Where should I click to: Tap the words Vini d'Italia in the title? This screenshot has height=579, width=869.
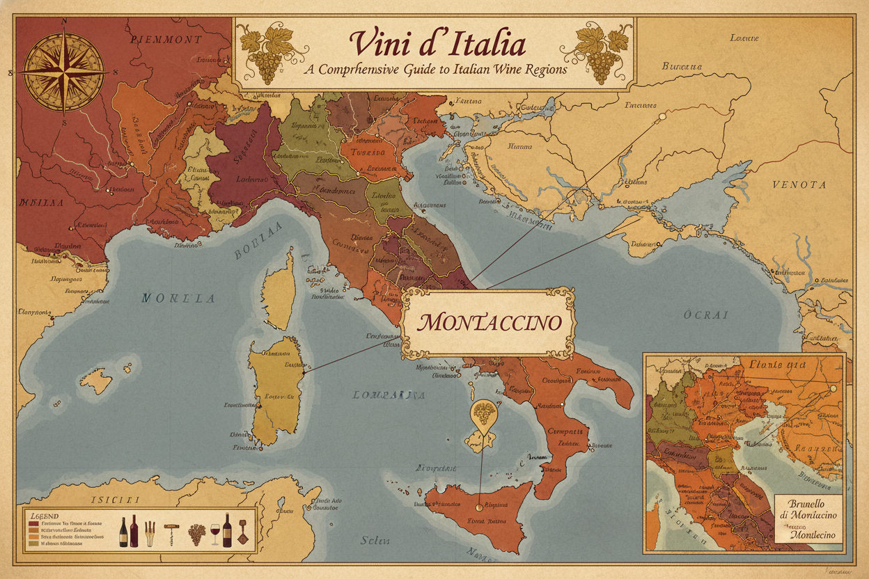click(437, 45)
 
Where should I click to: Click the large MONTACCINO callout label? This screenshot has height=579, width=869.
click(490, 323)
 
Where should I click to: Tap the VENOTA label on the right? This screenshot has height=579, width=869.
click(799, 184)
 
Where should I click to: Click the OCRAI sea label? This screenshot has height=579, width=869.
click(706, 315)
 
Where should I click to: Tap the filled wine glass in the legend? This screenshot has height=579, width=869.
click(214, 533)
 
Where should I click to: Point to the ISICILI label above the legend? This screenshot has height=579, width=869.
click(116, 499)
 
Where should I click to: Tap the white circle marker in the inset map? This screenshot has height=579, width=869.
click(833, 388)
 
